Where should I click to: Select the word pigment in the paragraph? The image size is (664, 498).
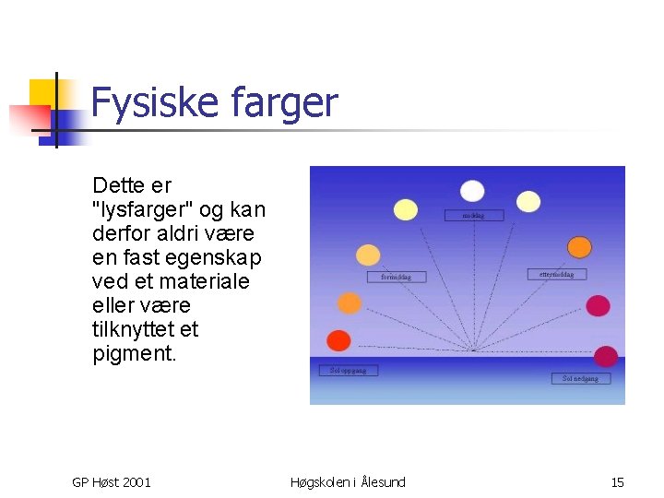tap(134, 353)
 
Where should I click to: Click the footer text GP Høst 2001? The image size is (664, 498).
tap(112, 481)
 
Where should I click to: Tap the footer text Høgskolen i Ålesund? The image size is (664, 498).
tap(348, 481)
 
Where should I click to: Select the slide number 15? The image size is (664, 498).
tap(617, 481)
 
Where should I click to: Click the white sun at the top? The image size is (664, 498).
tap(472, 191)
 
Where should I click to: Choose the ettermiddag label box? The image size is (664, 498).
tap(556, 274)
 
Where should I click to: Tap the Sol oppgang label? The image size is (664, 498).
tap(348, 371)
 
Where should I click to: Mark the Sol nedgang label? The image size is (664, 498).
tap(580, 378)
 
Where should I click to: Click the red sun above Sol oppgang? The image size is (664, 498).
tap(339, 340)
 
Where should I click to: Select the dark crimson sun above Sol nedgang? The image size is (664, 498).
tap(606, 356)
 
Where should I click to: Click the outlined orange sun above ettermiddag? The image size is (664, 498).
tap(579, 246)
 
